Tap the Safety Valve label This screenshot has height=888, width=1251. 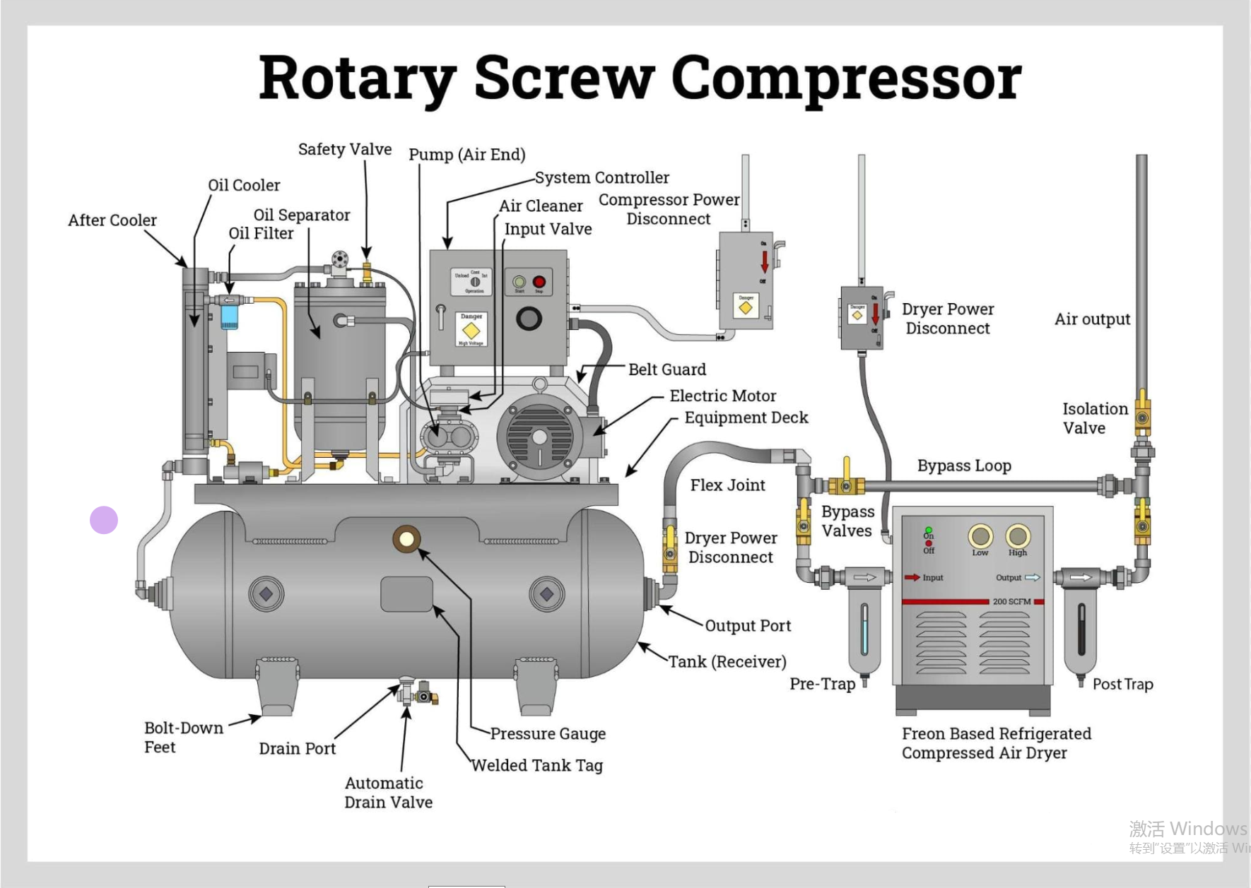click(x=344, y=149)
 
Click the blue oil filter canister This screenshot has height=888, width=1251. click(x=230, y=316)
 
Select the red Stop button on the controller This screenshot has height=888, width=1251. click(x=539, y=282)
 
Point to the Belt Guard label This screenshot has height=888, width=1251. click(x=666, y=369)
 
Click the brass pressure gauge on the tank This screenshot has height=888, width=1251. click(x=406, y=540)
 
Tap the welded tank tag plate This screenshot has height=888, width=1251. click(x=406, y=594)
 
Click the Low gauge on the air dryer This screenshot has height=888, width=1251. click(x=980, y=536)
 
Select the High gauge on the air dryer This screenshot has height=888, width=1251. click(x=1017, y=536)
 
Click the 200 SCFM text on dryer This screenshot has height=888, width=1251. click(x=1011, y=602)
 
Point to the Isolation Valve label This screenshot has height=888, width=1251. click(x=1095, y=418)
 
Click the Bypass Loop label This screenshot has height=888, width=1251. click(x=964, y=466)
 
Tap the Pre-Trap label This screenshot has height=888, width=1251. click(x=822, y=684)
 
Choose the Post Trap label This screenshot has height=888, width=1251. click(x=1122, y=684)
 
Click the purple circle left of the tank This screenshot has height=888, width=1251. click(x=104, y=520)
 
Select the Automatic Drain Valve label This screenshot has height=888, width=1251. click(x=388, y=793)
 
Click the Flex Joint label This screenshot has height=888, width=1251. click(x=727, y=485)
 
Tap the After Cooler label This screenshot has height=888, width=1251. click(x=112, y=220)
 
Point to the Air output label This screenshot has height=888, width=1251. click(x=1092, y=319)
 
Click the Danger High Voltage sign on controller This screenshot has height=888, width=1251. click(x=471, y=330)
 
